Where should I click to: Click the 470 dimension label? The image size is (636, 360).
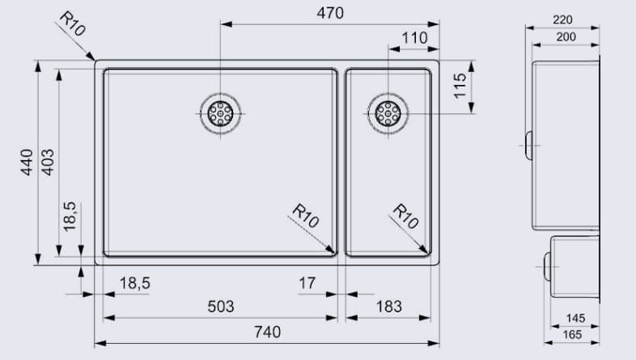tap(330, 14)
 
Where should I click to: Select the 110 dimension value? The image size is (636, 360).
tap(413, 38)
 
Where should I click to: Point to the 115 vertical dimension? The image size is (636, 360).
tap(460, 85)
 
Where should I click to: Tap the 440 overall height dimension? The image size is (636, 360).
tap(27, 163)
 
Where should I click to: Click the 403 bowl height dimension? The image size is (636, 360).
tap(48, 163)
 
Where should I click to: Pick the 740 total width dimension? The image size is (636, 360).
tap(268, 332)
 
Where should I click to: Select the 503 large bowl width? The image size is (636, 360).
tap(220, 307)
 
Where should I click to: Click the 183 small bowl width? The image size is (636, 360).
tap(388, 307)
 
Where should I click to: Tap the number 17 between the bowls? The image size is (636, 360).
tap(307, 283)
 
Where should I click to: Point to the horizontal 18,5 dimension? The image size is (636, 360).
tap(135, 283)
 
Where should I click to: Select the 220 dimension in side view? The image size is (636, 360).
tap(563, 19)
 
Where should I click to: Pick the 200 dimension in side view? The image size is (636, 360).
tap(566, 37)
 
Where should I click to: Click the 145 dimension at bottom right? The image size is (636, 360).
tap(575, 319)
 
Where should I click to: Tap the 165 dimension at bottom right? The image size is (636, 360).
tap(572, 333)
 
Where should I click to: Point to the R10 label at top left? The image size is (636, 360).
tap(71, 25)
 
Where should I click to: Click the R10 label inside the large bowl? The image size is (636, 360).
tap(306, 217)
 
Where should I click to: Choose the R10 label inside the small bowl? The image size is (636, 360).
tap(405, 217)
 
